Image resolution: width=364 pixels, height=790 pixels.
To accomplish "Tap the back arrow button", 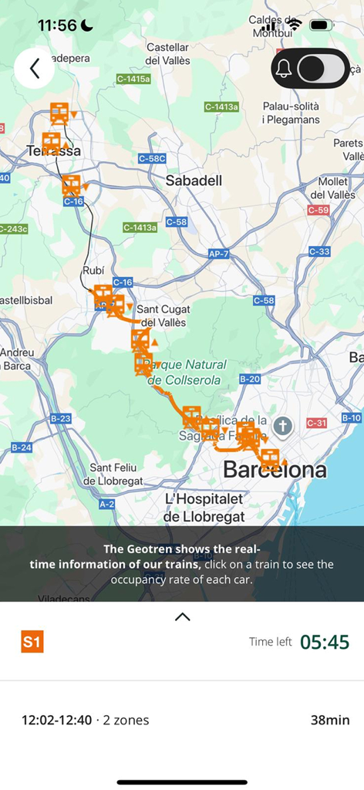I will point(34,68).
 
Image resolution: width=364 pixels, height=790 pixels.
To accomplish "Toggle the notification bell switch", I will point(311,69).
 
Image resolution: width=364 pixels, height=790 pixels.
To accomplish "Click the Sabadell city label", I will point(194,181).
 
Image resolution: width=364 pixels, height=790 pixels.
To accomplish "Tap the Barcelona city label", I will point(275,469).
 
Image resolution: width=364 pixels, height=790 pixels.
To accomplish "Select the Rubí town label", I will point(93,271).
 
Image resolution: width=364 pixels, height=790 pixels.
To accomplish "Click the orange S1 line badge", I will point(32,642).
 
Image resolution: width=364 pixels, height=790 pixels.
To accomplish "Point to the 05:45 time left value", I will point(324,642).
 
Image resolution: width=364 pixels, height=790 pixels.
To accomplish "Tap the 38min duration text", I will point(329,721).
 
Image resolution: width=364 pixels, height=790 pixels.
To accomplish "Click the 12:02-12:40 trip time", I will point(56,721).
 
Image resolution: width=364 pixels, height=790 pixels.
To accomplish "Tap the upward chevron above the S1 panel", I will point(182,616).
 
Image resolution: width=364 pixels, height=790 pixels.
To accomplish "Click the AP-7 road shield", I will point(218,253).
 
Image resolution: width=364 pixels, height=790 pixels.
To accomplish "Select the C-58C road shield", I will point(152,158).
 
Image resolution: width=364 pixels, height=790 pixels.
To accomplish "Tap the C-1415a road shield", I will point(133,79).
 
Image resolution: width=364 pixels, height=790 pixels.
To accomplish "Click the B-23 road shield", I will point(60,418).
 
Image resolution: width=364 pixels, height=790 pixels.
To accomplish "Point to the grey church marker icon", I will point(283,426).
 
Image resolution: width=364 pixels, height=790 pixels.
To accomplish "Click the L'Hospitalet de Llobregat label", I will point(204,508).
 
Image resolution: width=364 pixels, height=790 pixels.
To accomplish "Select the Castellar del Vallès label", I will point(167,54).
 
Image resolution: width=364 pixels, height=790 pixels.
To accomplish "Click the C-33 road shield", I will point(319,252).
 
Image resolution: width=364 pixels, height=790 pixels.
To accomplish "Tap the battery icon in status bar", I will point(321,25).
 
